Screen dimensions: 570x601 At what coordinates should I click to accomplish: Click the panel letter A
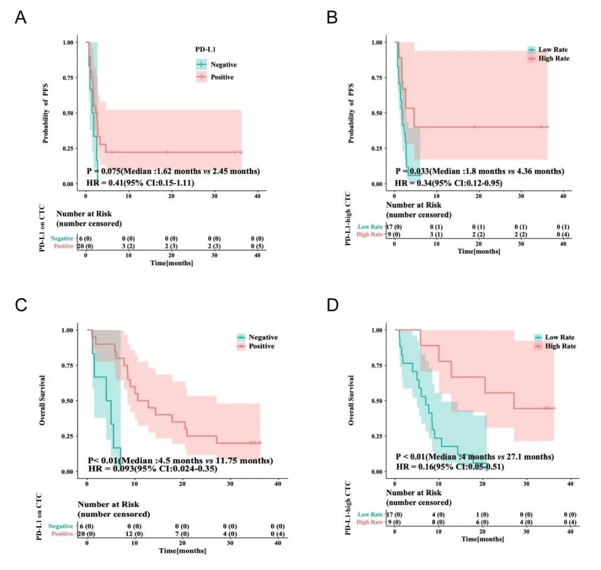coord(21,18)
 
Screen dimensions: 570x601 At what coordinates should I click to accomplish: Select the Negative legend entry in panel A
coord(224,65)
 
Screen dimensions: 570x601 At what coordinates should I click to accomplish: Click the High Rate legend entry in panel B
coord(554,58)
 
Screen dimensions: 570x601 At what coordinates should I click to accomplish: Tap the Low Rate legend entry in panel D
coord(560,337)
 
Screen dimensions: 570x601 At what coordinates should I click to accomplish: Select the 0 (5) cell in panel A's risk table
coord(258,246)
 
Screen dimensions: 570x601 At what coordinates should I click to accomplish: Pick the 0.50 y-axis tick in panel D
coord(377,401)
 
